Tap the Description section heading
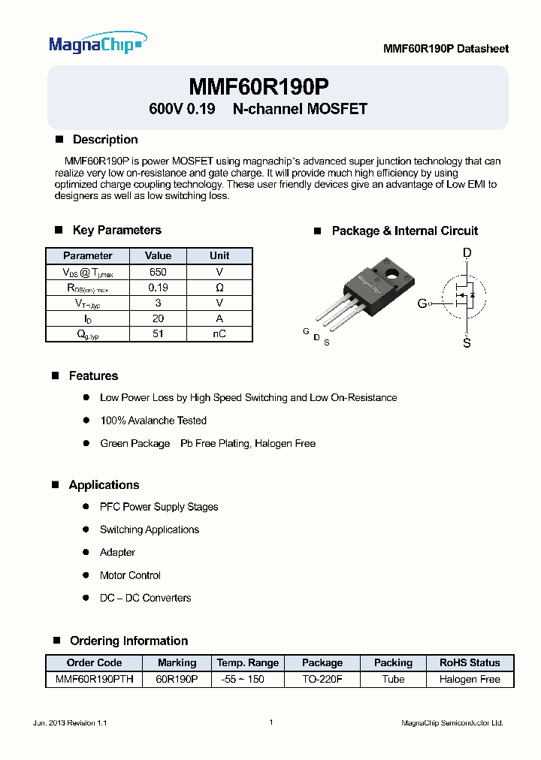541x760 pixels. (x=104, y=140)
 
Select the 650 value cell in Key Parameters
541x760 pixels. (x=158, y=272)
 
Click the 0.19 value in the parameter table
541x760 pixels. (x=158, y=288)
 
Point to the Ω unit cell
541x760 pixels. (x=219, y=288)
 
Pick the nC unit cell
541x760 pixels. (x=219, y=333)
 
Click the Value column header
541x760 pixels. (x=158, y=256)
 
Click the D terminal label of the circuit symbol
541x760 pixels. (x=467, y=253)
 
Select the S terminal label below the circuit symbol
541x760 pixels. (x=467, y=343)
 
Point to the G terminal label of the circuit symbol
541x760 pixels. (x=422, y=303)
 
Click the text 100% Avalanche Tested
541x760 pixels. (x=153, y=421)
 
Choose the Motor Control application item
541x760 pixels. (x=130, y=575)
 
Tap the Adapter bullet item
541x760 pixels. (x=117, y=553)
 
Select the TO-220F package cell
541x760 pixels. (x=322, y=679)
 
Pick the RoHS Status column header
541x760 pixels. (x=470, y=663)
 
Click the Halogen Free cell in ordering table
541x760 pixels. (x=470, y=679)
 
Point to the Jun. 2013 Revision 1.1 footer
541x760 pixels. (x=71, y=722)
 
